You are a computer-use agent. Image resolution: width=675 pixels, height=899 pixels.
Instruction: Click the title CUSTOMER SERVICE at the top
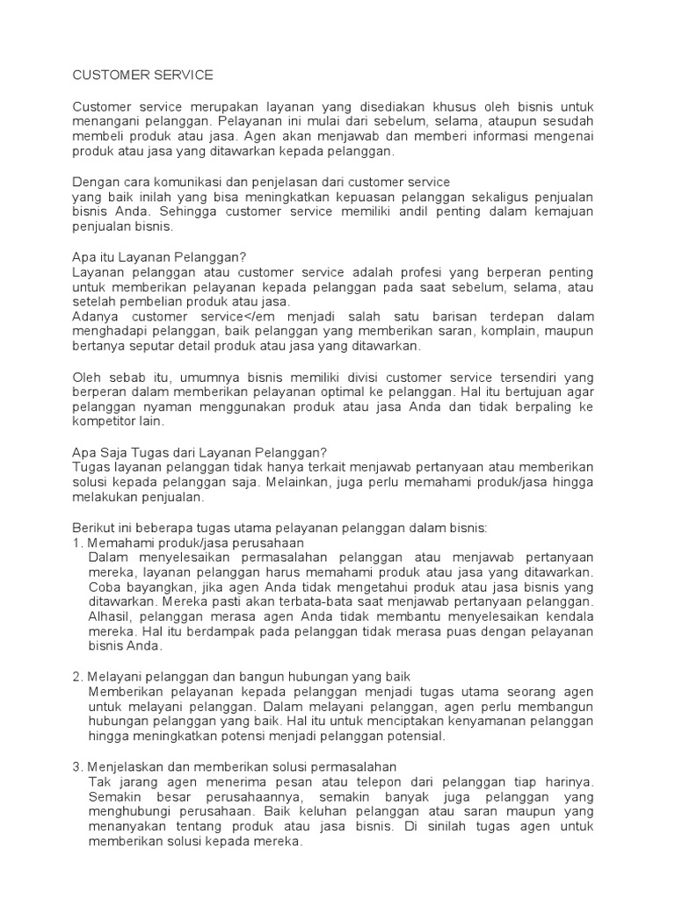pos(142,76)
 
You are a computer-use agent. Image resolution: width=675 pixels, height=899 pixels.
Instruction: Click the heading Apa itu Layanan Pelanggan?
pos(158,256)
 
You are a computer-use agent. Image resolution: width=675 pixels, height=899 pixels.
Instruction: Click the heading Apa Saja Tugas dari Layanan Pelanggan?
pos(199,451)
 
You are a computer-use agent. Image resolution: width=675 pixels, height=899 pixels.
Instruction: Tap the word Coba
pos(105,587)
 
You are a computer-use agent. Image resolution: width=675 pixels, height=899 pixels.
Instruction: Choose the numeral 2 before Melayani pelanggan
pos(76,677)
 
